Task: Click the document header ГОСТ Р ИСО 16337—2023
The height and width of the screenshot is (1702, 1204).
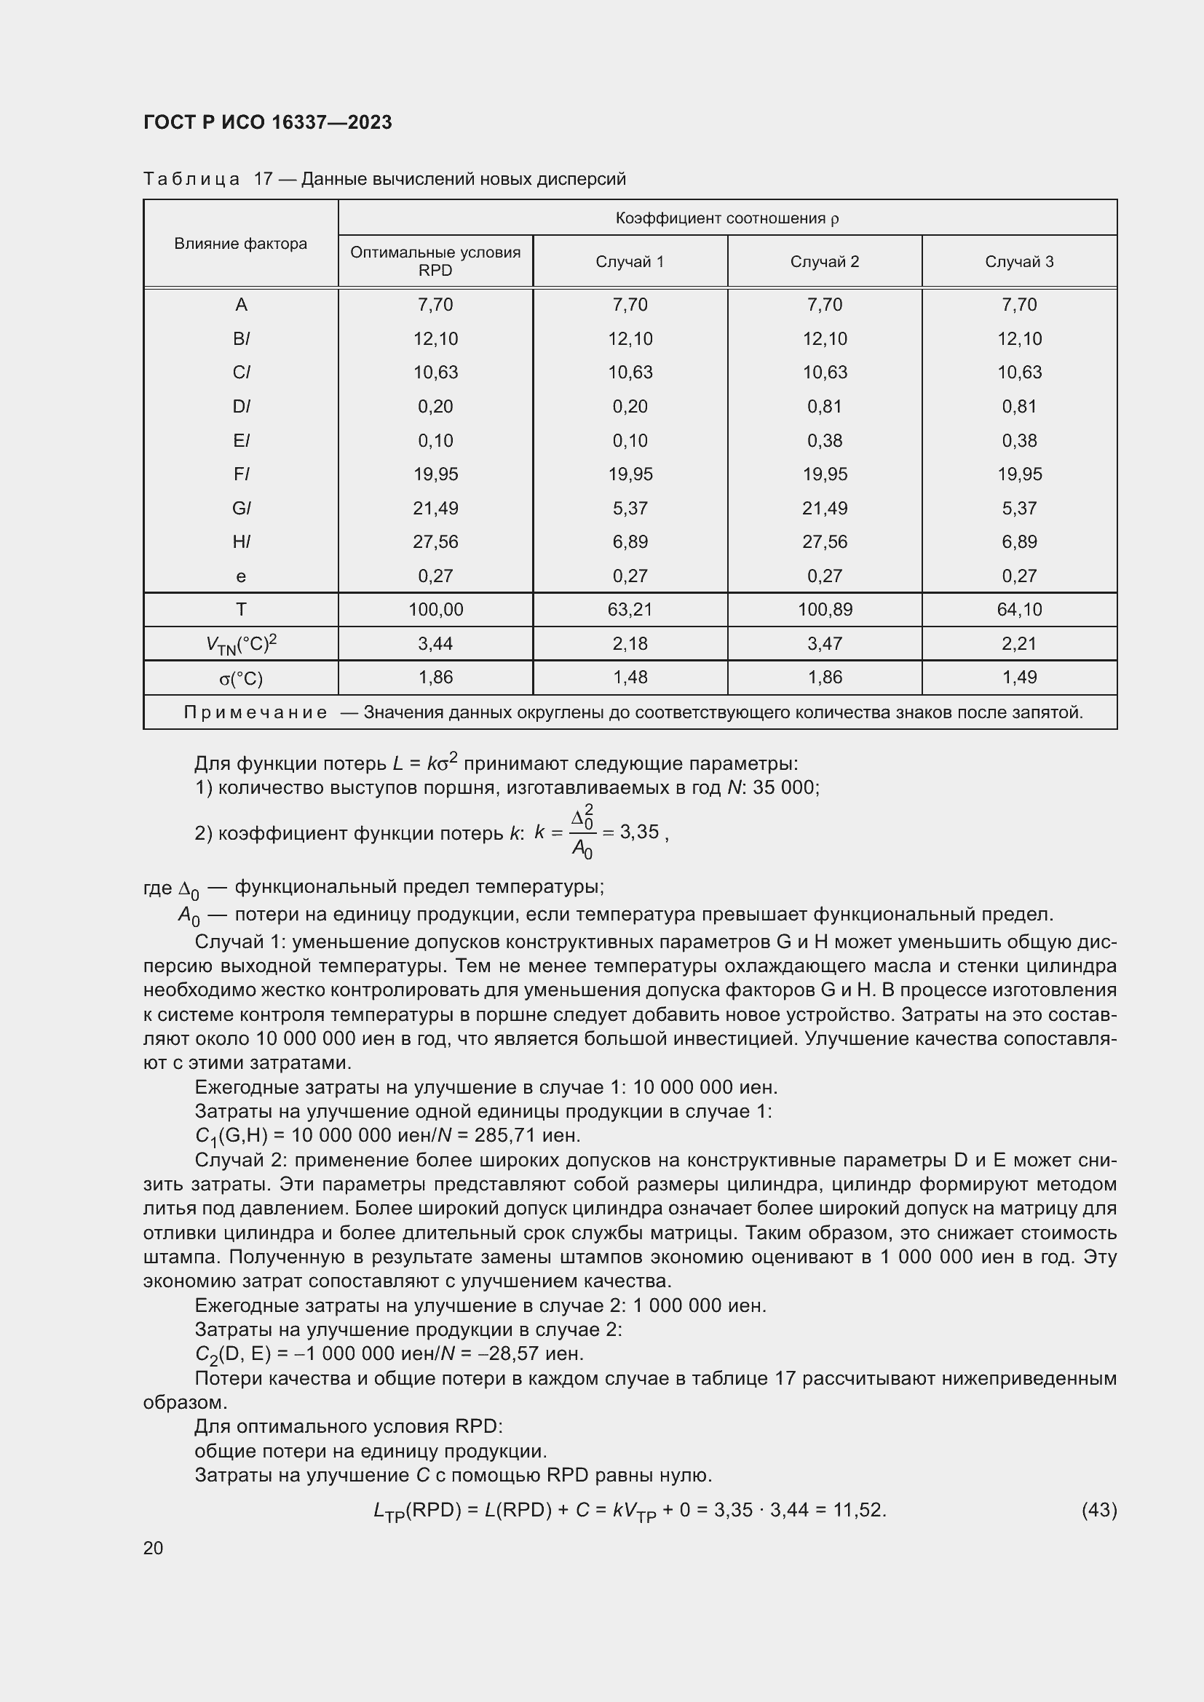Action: click(267, 122)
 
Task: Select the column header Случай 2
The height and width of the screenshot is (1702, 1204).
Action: click(825, 262)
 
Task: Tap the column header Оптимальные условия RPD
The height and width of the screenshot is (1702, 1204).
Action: click(435, 261)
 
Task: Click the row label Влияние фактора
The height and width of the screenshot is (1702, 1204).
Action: click(240, 244)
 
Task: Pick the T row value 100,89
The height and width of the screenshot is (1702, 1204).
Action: click(825, 610)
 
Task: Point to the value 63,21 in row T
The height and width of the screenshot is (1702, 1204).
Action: click(630, 610)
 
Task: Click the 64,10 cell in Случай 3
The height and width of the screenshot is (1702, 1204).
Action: click(1019, 610)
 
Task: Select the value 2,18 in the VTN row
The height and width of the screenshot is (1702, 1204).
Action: click(630, 643)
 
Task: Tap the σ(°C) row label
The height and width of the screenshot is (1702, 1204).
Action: click(240, 678)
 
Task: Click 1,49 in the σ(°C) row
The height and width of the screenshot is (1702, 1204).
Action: click(1019, 677)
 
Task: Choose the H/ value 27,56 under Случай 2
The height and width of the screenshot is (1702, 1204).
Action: click(825, 542)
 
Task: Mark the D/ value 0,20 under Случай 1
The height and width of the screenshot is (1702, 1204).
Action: click(630, 406)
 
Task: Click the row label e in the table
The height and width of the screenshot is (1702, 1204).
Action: click(240, 576)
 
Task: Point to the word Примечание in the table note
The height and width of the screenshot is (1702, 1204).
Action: click(255, 712)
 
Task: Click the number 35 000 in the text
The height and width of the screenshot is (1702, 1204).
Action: click(785, 787)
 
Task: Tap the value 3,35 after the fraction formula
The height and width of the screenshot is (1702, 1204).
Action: click(639, 832)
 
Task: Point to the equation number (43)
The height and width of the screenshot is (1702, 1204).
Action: click(1098, 1509)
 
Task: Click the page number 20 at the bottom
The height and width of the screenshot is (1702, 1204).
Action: click(154, 1548)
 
